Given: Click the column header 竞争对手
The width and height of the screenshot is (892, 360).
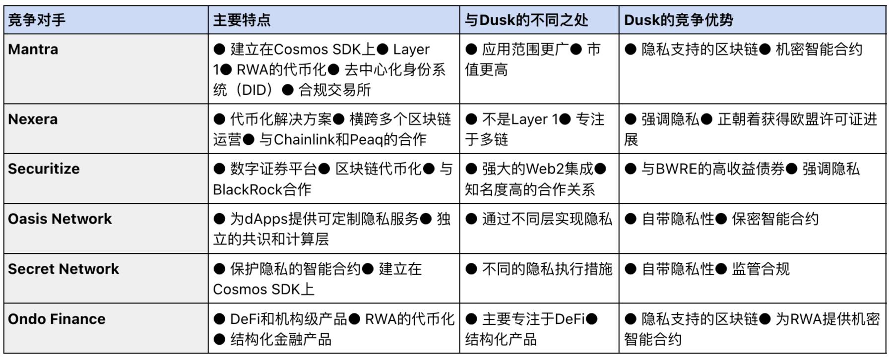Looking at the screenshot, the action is tap(37, 20).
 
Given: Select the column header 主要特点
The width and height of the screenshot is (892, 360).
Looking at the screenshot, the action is tap(242, 20).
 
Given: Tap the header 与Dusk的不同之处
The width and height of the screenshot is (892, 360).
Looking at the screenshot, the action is tap(526, 20).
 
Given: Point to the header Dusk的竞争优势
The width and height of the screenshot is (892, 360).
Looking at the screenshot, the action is tap(678, 20).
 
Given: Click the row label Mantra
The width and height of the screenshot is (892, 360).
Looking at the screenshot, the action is tap(33, 50).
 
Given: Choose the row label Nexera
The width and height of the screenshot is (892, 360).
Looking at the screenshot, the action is tap(33, 120).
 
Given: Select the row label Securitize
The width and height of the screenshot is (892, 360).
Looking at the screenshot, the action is tap(44, 169).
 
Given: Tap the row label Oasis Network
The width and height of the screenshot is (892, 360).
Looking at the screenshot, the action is tap(60, 219).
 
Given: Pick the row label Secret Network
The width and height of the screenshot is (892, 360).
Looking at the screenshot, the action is tap(64, 269).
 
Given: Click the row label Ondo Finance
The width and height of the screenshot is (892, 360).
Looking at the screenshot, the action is tap(57, 319).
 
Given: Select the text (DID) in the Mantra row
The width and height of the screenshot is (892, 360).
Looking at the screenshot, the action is tap(254, 90).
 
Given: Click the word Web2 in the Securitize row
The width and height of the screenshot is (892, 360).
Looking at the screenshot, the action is tap(545, 169).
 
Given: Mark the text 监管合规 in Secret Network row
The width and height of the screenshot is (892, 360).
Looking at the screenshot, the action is tap(760, 269).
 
